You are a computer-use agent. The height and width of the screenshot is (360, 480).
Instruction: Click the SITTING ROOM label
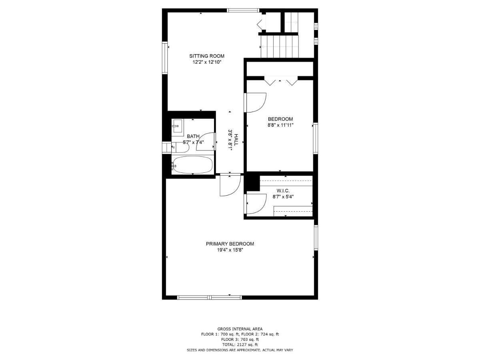[x=207, y=56]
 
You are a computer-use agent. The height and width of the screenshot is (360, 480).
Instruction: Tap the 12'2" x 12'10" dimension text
[x=207, y=62]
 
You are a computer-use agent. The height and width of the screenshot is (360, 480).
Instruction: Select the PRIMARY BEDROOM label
[x=230, y=244]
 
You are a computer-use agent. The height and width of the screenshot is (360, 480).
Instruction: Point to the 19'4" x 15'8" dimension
[x=230, y=250]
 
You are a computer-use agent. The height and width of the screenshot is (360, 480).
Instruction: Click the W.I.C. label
[x=283, y=191]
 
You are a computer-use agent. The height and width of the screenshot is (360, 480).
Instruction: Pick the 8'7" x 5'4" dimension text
[x=283, y=197]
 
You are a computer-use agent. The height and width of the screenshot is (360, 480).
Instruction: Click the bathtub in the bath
[x=192, y=164]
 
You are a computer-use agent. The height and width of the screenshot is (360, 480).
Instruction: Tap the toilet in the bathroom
[x=180, y=147]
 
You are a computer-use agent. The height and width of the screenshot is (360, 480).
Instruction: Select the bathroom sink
[x=178, y=126]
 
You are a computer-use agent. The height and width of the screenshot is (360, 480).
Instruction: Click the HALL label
[x=236, y=140]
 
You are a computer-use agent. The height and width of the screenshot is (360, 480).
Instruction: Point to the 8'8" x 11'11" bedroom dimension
[x=280, y=125]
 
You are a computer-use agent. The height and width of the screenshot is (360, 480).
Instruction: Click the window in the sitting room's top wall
[x=243, y=10]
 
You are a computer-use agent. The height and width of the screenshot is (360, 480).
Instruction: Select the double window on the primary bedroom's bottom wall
[x=210, y=297]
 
